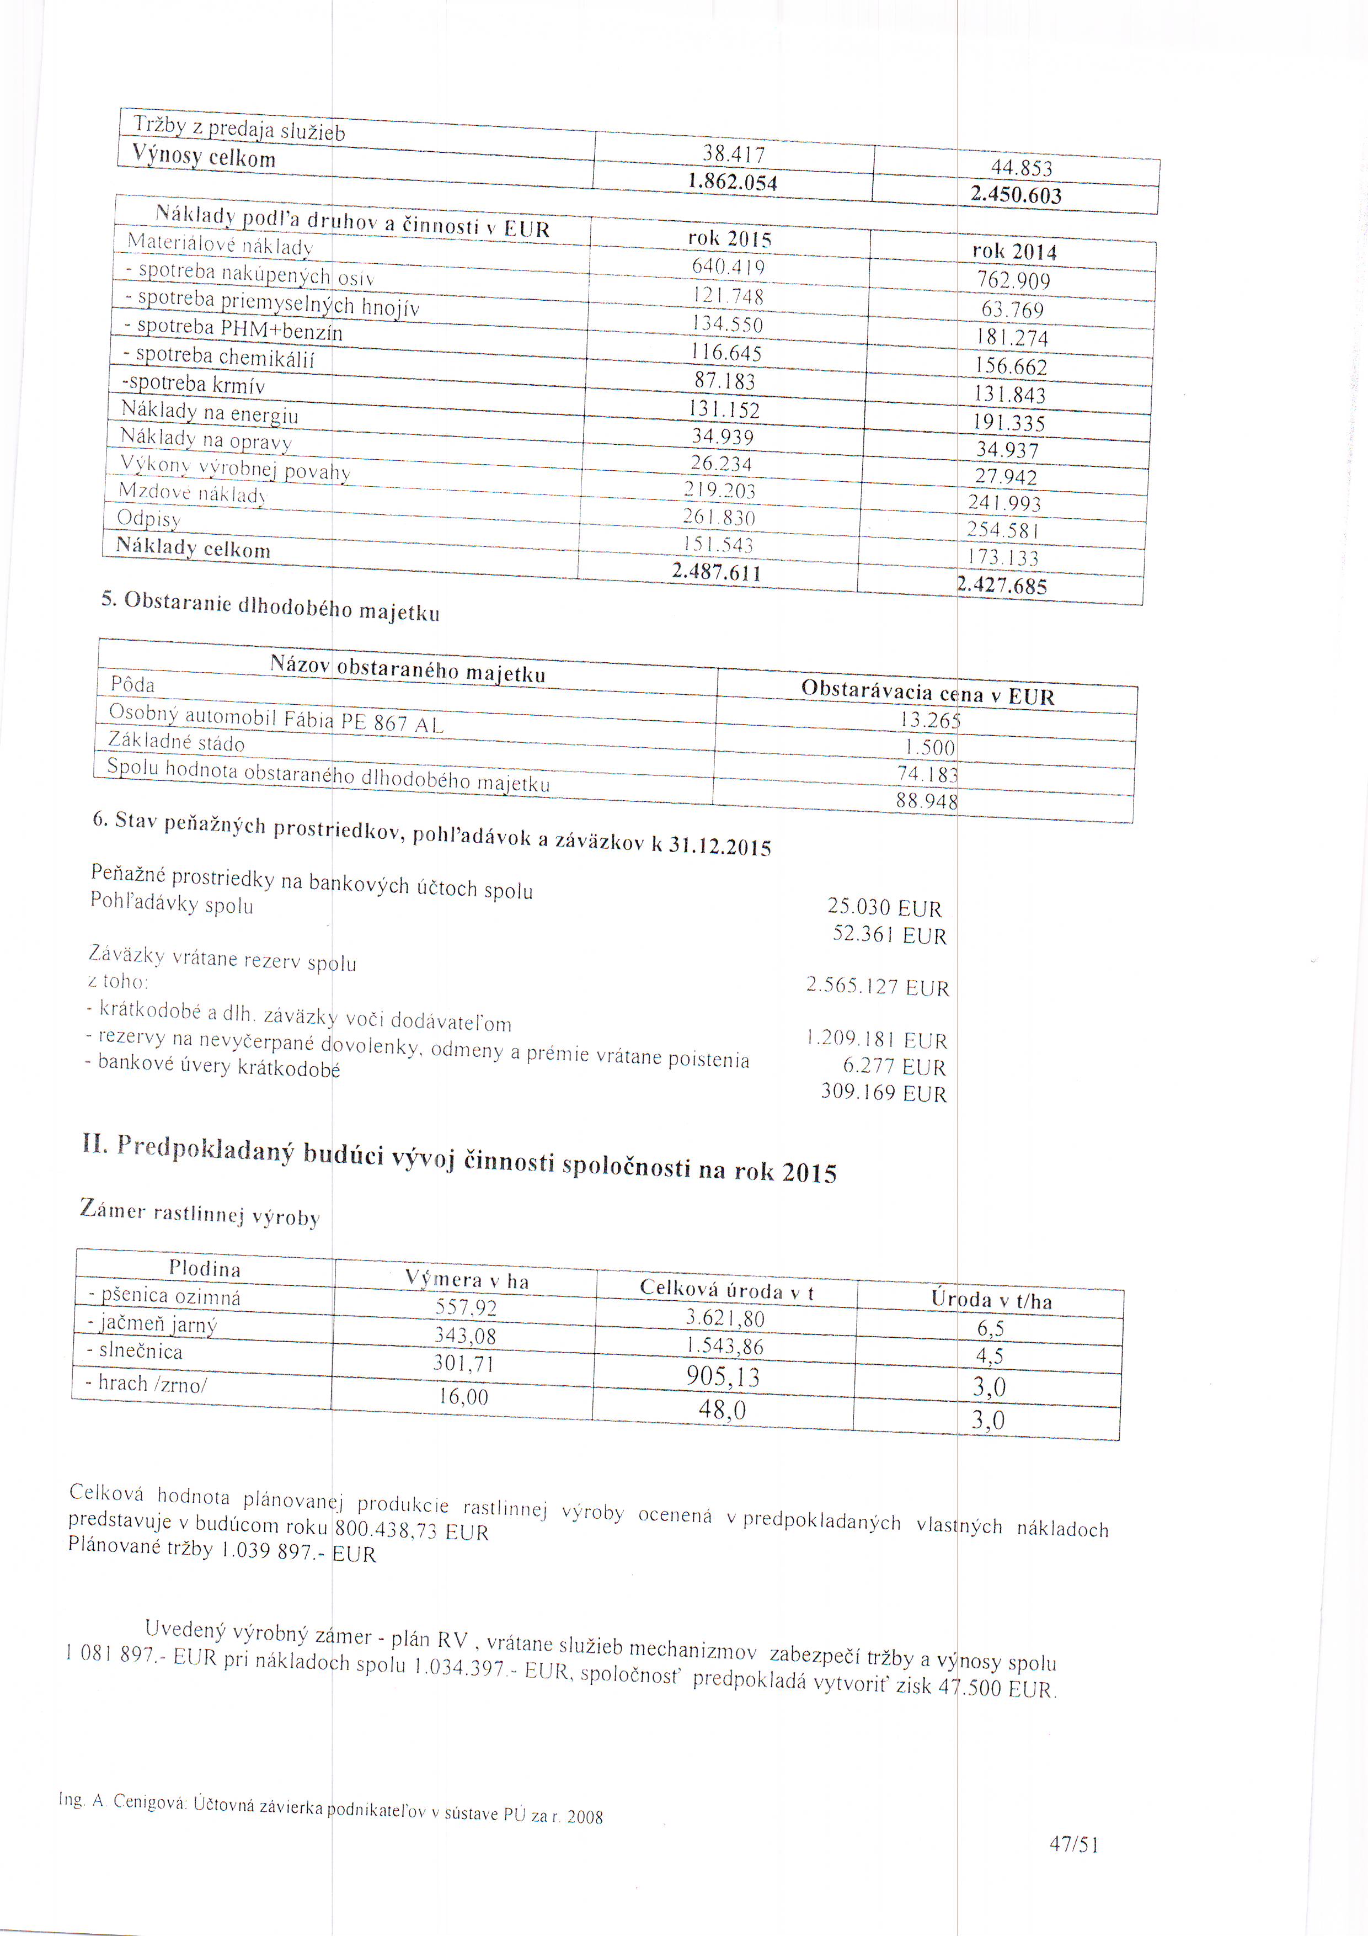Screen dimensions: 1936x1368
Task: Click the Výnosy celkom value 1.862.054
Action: point(731,182)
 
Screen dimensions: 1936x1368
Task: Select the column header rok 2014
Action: point(1014,251)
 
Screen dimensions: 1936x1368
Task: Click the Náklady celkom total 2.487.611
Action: point(717,572)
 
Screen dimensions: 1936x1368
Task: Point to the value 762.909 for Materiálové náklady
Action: point(1013,280)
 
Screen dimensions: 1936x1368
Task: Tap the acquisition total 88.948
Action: point(926,801)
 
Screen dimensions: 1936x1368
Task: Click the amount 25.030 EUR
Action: point(884,907)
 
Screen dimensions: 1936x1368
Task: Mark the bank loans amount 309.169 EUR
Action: point(883,1094)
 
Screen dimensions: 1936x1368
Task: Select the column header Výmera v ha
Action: point(467,1280)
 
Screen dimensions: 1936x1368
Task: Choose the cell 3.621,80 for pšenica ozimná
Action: point(725,1318)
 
